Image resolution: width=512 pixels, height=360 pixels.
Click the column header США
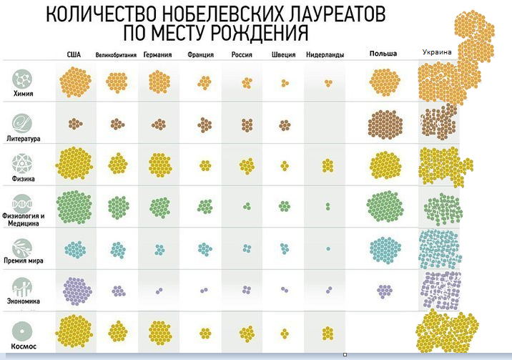pos(74,54)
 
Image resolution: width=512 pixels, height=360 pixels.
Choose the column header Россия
pos(243,54)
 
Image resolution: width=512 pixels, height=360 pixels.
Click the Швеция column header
pos(284,54)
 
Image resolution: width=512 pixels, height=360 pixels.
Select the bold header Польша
pos(383,54)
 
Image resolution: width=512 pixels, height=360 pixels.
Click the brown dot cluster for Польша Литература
pos(387,125)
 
